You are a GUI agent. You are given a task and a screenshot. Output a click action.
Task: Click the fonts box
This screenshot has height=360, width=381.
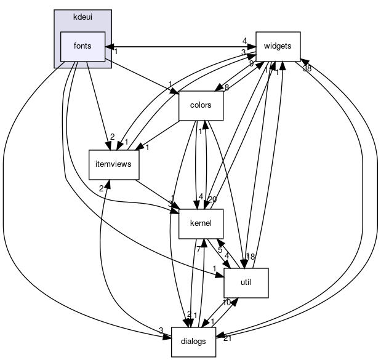pos(82,46)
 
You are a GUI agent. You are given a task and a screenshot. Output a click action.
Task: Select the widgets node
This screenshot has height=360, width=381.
pos(278,46)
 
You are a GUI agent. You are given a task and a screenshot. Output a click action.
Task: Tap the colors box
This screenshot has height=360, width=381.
pos(200,105)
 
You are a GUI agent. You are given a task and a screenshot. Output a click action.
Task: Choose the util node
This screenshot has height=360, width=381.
pos(245,282)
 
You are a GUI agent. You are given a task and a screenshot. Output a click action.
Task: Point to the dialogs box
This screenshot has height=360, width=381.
pos(193,342)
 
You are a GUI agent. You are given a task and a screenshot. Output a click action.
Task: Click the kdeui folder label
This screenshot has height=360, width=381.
pos(82,15)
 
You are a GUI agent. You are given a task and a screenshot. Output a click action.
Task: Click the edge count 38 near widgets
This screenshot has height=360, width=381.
pos(307,68)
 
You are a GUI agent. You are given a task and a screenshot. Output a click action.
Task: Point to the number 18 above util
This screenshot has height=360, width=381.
pos(251,257)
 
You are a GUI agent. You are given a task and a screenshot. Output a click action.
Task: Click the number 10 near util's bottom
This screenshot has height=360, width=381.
pos(227,303)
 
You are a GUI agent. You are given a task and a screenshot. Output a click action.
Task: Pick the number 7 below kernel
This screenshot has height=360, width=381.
pos(198,249)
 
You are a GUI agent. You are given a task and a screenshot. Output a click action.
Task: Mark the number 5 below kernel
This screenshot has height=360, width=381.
pos(220,250)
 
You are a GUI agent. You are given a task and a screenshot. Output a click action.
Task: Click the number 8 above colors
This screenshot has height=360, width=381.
pos(227,87)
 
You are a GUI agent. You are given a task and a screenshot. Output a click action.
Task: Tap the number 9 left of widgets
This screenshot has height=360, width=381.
pos(251,63)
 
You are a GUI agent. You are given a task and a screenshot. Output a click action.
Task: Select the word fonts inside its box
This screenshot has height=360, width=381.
pos(82,46)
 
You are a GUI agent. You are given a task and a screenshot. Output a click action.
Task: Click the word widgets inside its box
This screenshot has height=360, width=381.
pos(278,46)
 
